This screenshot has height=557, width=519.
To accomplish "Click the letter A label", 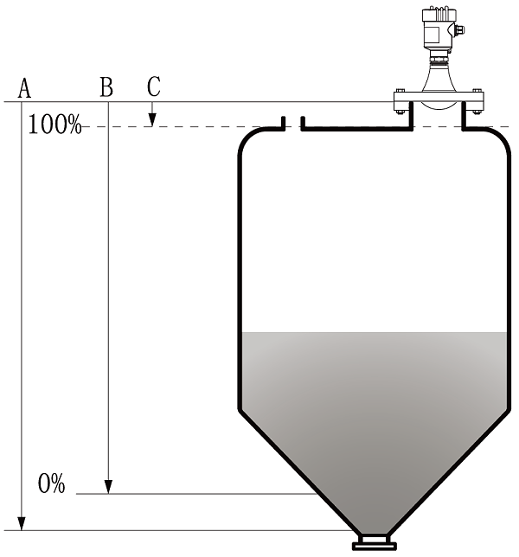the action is [24, 87].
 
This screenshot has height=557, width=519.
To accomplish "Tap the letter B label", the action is [106, 87].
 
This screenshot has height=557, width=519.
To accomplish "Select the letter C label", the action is [154, 86].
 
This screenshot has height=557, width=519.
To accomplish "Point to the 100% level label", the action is [54, 125].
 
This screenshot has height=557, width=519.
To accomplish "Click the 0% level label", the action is [52, 483].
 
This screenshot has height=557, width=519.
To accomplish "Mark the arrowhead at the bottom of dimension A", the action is [22, 523].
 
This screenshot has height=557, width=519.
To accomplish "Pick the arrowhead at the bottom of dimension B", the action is [108, 487].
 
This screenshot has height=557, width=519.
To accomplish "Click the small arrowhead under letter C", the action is [152, 119].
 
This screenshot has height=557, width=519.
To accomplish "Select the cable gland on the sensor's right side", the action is [459, 29].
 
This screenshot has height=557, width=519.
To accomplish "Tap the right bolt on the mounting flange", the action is [477, 101].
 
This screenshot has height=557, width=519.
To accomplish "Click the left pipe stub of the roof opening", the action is [283, 124].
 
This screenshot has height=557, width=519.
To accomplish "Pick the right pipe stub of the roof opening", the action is [303, 124].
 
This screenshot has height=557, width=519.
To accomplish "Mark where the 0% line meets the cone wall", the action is [317, 494].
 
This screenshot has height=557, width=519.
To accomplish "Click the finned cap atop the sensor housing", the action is [439, 14].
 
